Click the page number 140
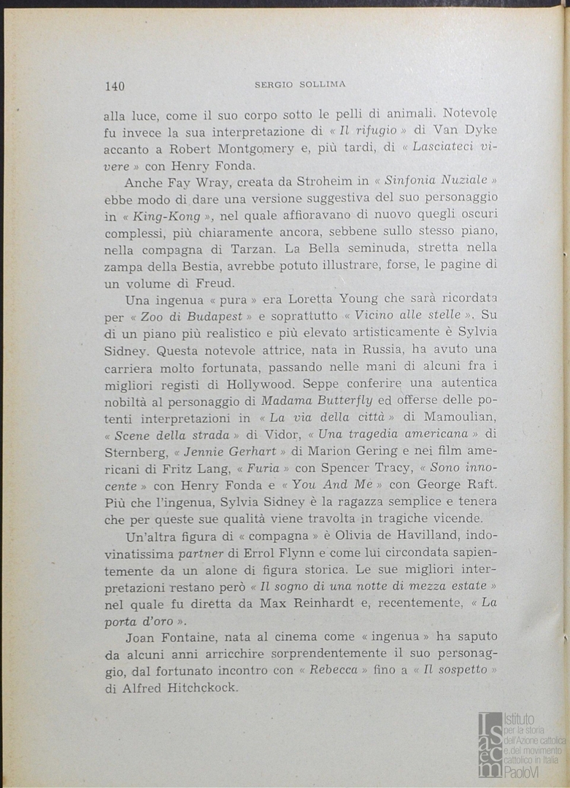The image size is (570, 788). coord(115,86)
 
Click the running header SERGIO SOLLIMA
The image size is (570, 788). coord(299,85)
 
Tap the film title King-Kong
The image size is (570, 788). coord(167,216)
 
